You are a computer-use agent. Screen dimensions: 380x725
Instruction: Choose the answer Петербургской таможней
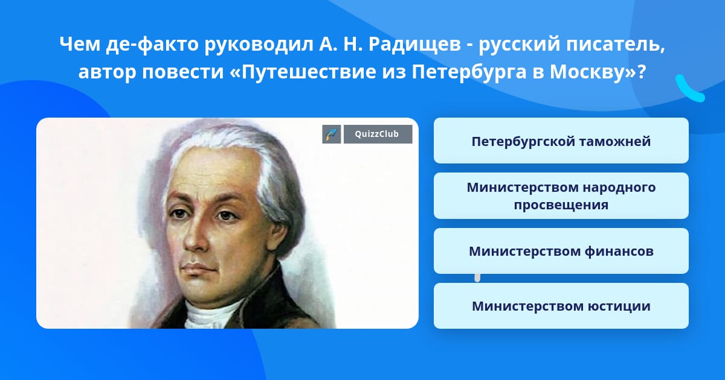click(x=561, y=141)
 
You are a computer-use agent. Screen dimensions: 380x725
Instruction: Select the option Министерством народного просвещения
click(x=561, y=195)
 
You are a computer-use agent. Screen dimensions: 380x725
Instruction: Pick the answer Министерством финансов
click(x=561, y=251)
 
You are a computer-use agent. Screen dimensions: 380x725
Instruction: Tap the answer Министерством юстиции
click(x=561, y=306)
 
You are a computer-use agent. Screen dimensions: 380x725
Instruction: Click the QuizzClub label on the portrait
click(x=378, y=135)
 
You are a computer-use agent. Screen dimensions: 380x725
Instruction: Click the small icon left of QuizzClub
click(x=331, y=135)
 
